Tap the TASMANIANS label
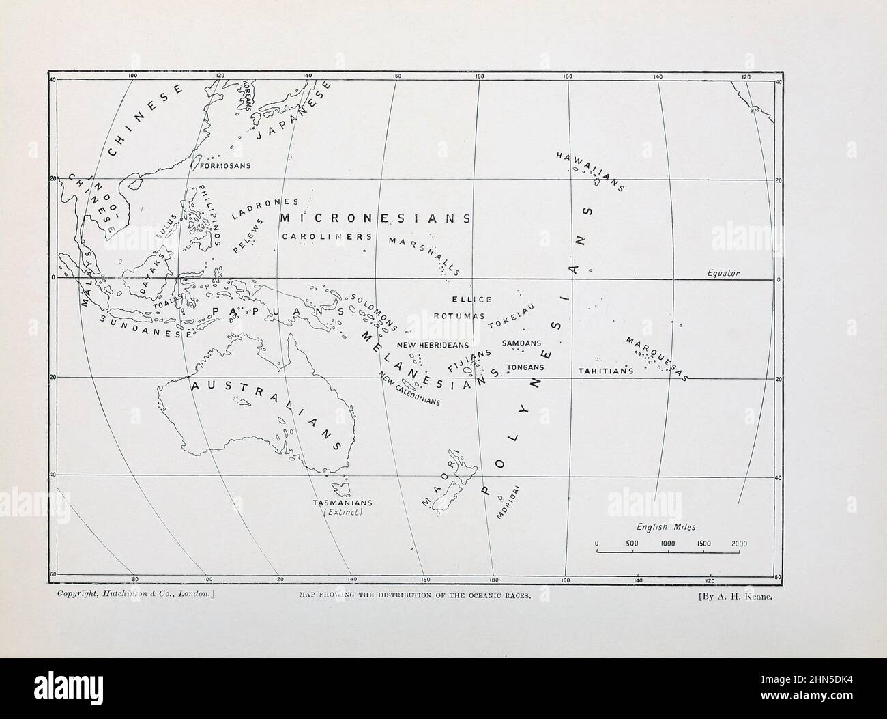(342, 503)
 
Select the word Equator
(723, 273)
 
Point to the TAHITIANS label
(605, 371)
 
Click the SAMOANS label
(521, 343)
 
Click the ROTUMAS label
(459, 316)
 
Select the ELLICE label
(471, 300)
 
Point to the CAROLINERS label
(327, 236)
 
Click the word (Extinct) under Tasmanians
(342, 513)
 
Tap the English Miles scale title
(666, 527)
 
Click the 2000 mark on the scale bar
(739, 544)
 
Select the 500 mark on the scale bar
(632, 544)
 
